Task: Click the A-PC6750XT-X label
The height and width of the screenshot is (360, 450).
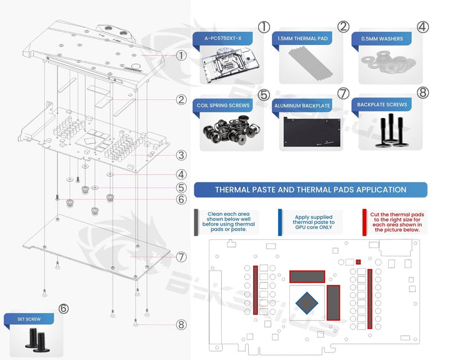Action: [223, 39]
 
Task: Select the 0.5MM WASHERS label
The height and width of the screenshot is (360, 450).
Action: [382, 39]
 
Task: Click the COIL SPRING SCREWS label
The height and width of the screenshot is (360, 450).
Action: [223, 105]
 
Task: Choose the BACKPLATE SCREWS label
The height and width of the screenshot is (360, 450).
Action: [382, 105]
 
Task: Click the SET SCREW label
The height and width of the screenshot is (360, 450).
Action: [28, 319]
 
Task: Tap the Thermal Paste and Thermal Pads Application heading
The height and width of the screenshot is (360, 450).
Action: [311, 190]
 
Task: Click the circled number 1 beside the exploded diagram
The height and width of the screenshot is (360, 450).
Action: [181, 55]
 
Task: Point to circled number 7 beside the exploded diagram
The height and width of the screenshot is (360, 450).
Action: [181, 257]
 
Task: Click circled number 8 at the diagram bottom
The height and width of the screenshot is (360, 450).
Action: [181, 324]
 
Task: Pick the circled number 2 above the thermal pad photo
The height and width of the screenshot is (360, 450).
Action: [342, 26]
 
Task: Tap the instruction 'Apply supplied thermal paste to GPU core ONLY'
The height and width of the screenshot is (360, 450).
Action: [314, 222]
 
